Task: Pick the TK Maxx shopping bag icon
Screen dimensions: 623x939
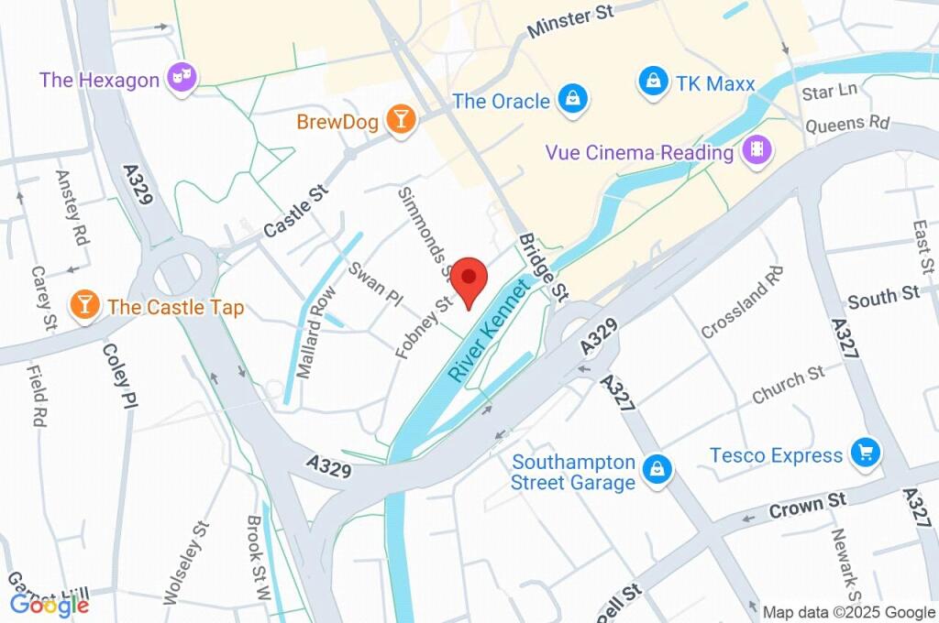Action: point(652,82)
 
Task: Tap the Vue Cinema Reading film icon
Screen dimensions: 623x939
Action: point(757,150)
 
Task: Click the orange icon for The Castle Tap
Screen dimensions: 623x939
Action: point(85,306)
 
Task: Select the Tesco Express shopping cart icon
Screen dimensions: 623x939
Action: point(865,452)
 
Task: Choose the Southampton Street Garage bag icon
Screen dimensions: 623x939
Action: point(657,471)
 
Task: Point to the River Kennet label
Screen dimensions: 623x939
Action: point(490,333)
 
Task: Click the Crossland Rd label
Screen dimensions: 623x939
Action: point(742,301)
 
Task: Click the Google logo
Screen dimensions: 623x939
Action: point(50,604)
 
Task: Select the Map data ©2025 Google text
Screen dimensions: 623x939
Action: point(848,612)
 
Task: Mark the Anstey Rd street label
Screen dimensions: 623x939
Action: point(71,207)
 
